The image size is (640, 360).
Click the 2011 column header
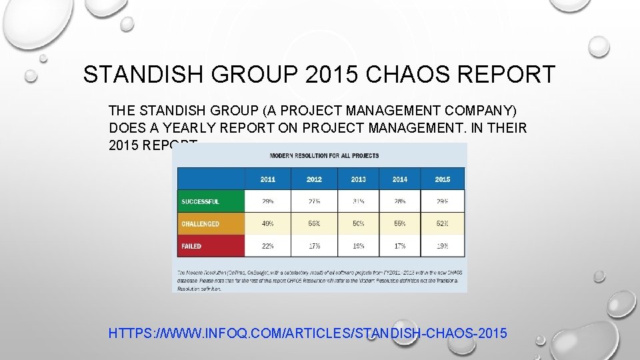pos(267,179)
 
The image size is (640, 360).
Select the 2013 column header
pos(358,179)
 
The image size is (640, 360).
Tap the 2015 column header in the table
pos(443,179)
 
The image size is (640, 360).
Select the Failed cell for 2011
pos(267,246)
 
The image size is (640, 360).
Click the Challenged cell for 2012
pos(314,224)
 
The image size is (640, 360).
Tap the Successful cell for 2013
pos(358,201)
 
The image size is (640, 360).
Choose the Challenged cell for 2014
pos(400,224)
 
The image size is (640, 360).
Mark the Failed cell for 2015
pos(443,246)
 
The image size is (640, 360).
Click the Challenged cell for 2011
pos(267,224)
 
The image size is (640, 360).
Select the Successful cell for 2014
pos(400,201)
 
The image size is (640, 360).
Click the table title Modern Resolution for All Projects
pos(324,155)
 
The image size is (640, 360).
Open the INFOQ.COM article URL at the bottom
pos(307,332)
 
